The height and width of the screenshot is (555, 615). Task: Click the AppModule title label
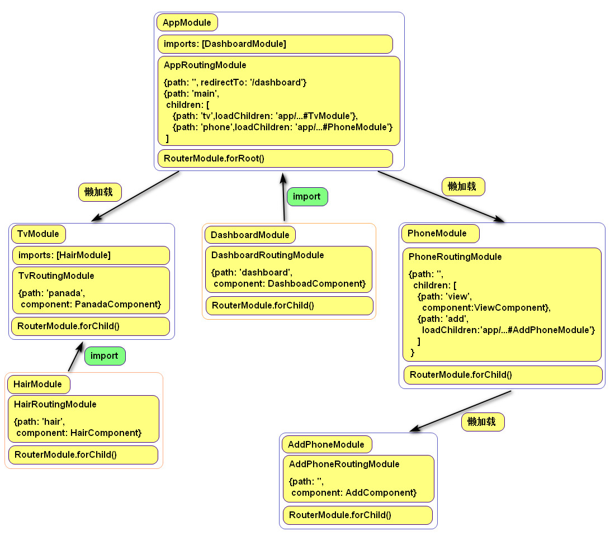[187, 23]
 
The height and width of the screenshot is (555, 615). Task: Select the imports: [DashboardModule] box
[275, 44]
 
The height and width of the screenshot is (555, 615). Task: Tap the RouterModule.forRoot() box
[275, 158]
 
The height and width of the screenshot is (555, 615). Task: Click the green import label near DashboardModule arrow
[307, 197]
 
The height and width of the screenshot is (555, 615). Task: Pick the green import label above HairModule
[105, 356]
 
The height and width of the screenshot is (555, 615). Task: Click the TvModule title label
[38, 234]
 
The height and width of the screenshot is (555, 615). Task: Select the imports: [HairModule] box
[91, 255]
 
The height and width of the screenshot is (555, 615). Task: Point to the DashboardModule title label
[250, 235]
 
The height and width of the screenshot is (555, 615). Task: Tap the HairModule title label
[38, 385]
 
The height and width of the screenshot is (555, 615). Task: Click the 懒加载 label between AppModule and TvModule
[100, 192]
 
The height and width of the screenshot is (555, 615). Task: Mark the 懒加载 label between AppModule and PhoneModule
[463, 187]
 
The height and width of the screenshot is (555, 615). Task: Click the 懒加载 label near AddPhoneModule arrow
[482, 422]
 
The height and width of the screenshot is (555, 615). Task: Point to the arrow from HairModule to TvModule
[74, 358]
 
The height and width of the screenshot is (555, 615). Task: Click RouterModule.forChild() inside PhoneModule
[503, 375]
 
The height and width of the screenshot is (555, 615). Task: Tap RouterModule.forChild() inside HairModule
[83, 454]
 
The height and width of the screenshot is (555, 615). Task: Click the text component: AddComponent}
[353, 492]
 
